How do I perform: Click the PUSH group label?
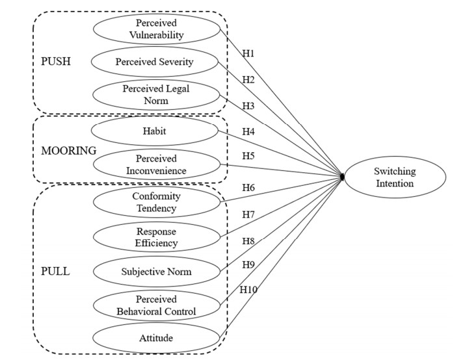[x=55, y=63]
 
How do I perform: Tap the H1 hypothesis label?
[x=248, y=53]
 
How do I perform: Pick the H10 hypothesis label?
[x=248, y=289]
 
